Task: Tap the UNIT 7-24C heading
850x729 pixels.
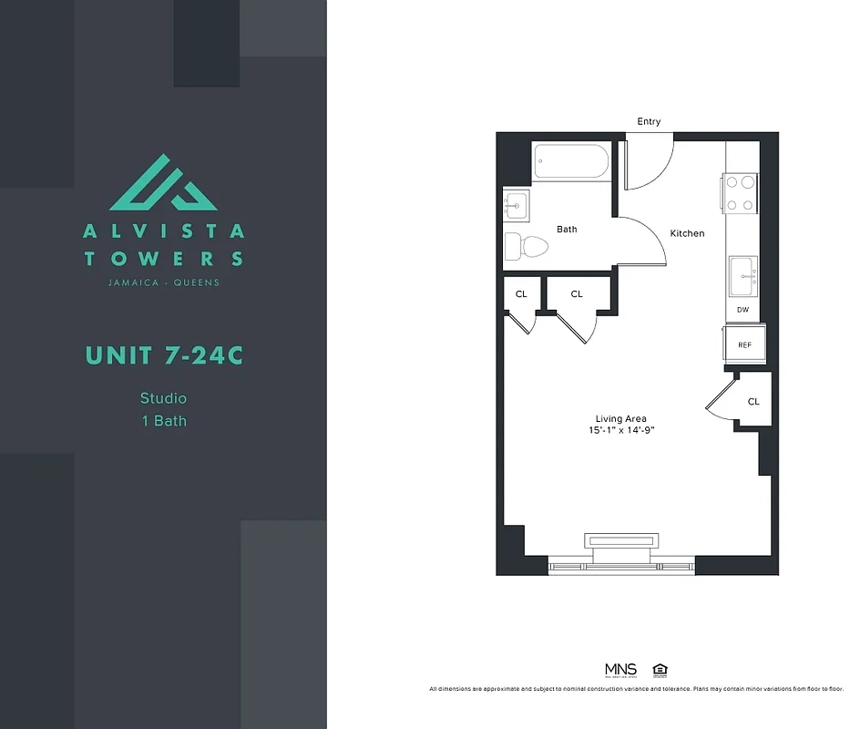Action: [x=164, y=355]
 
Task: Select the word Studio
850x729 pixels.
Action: [x=163, y=398]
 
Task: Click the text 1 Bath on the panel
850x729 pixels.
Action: [x=163, y=421]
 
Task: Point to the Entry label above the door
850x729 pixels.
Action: [x=649, y=122]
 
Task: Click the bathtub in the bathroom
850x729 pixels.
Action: [x=570, y=161]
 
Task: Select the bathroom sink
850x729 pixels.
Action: [x=516, y=205]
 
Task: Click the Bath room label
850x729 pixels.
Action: [x=567, y=230]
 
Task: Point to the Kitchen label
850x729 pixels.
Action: [x=687, y=233]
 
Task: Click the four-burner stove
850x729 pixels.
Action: [x=741, y=193]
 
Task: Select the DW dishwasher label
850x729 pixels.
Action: [x=742, y=311]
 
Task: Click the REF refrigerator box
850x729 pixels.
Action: [x=744, y=344]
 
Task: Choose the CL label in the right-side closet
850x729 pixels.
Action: [x=753, y=401]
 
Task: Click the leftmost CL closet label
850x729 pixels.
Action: [x=521, y=294]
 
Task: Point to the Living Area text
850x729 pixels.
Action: [x=621, y=419]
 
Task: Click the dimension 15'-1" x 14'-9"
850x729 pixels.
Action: [x=621, y=430]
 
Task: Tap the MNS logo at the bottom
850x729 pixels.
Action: [x=620, y=670]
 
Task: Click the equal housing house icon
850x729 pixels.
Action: [x=660, y=670]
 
